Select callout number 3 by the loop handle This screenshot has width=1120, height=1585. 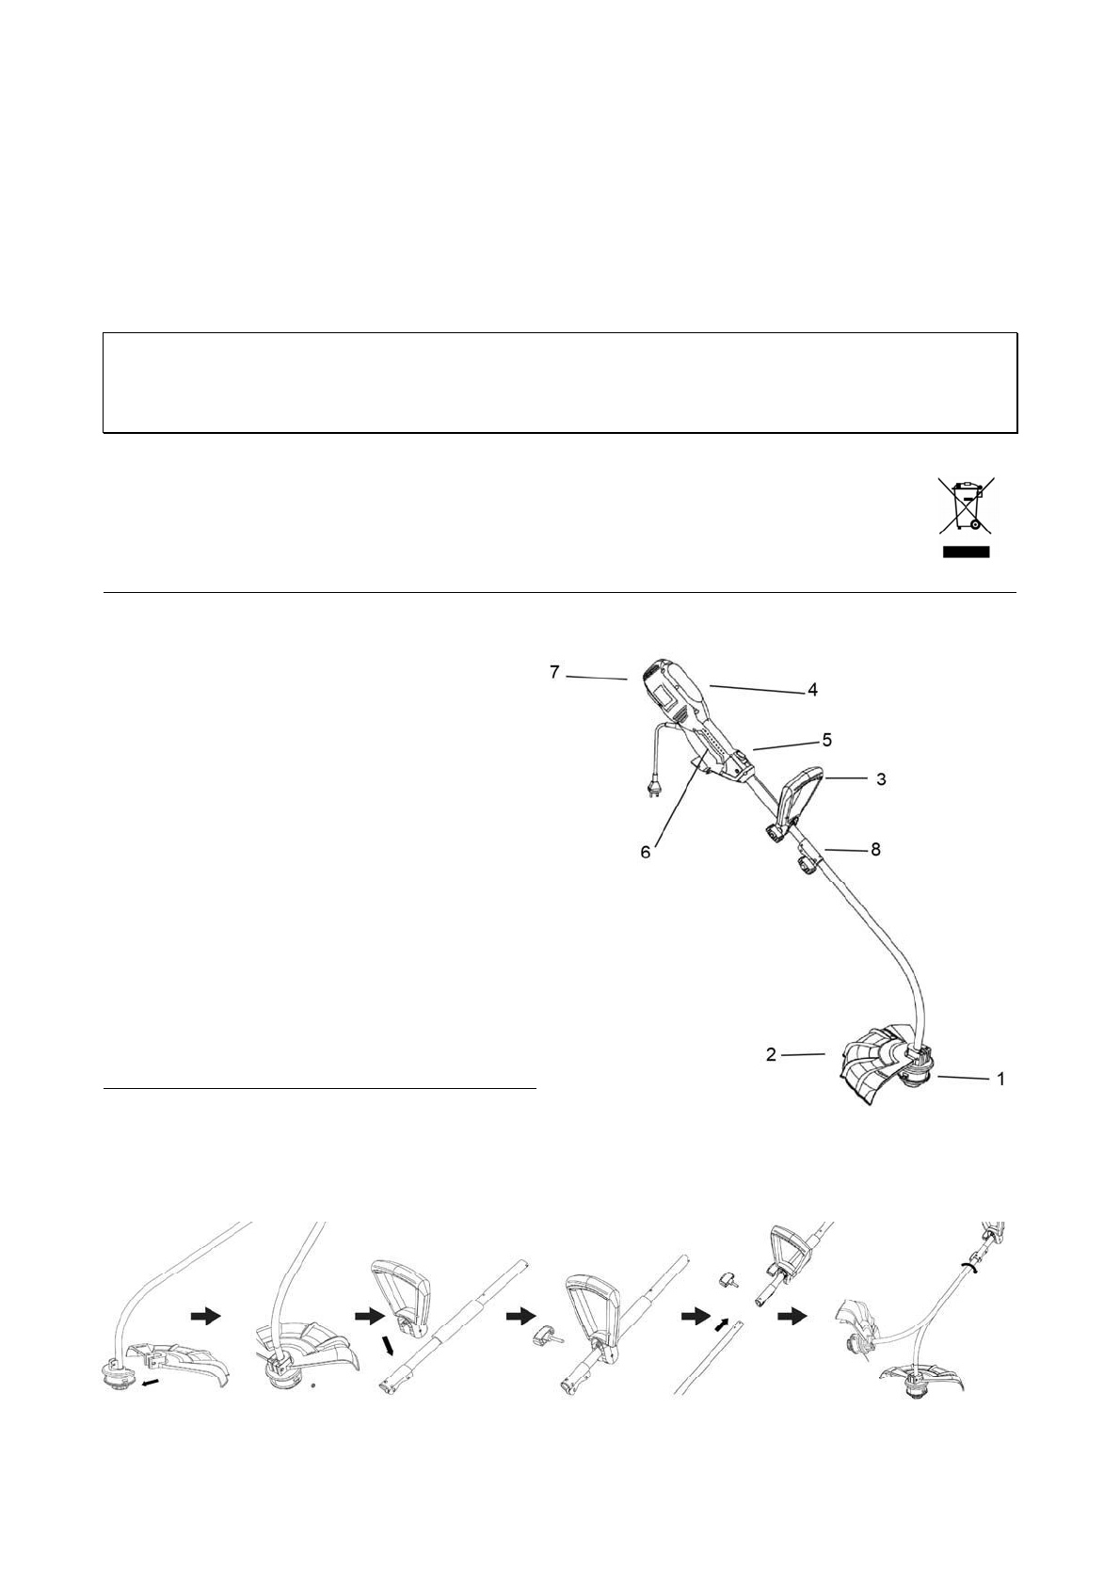[881, 779]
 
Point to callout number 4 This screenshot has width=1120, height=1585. [813, 689]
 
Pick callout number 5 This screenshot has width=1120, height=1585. [826, 740]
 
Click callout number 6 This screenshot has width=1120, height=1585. [646, 853]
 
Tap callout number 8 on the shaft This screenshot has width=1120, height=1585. [875, 850]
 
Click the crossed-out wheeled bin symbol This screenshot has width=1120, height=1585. [967, 505]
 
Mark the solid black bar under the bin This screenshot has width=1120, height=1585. [967, 552]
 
